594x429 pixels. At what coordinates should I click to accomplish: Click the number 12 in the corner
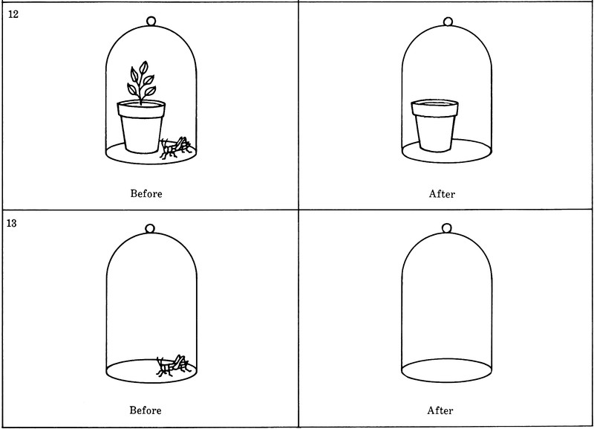13,14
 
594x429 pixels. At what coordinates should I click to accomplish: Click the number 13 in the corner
12,223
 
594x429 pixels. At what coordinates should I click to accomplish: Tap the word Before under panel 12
146,194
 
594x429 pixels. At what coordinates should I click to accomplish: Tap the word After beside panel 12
442,194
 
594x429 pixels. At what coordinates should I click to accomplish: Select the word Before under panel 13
146,410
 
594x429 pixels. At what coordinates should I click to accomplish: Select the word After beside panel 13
440,410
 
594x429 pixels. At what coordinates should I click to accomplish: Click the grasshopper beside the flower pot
175,147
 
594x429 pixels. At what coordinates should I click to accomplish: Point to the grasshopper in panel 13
173,366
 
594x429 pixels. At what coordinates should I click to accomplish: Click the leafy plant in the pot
141,82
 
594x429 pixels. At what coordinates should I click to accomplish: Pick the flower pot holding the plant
141,126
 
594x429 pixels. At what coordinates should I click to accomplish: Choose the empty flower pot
435,125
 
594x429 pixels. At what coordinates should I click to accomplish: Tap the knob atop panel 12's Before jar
151,21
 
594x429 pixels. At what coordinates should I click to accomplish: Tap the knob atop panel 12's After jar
448,22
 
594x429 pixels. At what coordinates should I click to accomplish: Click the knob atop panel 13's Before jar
150,228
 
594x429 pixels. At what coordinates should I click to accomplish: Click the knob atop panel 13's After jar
447,228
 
